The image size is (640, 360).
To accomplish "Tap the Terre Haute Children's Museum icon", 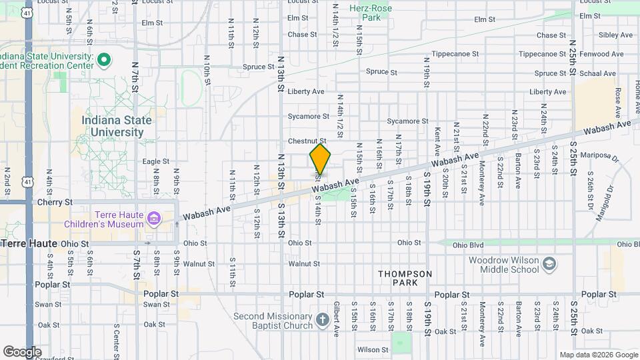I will coord(154,219).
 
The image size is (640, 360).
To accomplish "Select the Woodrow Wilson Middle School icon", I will coord(549,265).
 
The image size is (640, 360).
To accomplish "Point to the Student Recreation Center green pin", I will coord(103,61).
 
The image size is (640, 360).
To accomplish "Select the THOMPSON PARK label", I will coord(405,278).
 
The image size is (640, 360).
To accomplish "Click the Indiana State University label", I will coord(117,126).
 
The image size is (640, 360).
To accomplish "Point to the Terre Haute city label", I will coord(29,244).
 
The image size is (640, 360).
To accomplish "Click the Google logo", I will coord(22,351).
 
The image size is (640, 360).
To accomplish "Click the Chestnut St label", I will coord(307,141).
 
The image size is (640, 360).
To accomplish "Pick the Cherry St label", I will coord(55,202).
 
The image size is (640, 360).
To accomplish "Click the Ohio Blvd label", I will coord(467,245).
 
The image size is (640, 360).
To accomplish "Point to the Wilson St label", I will coord(373,349).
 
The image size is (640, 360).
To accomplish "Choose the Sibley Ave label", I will coord(615,35).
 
